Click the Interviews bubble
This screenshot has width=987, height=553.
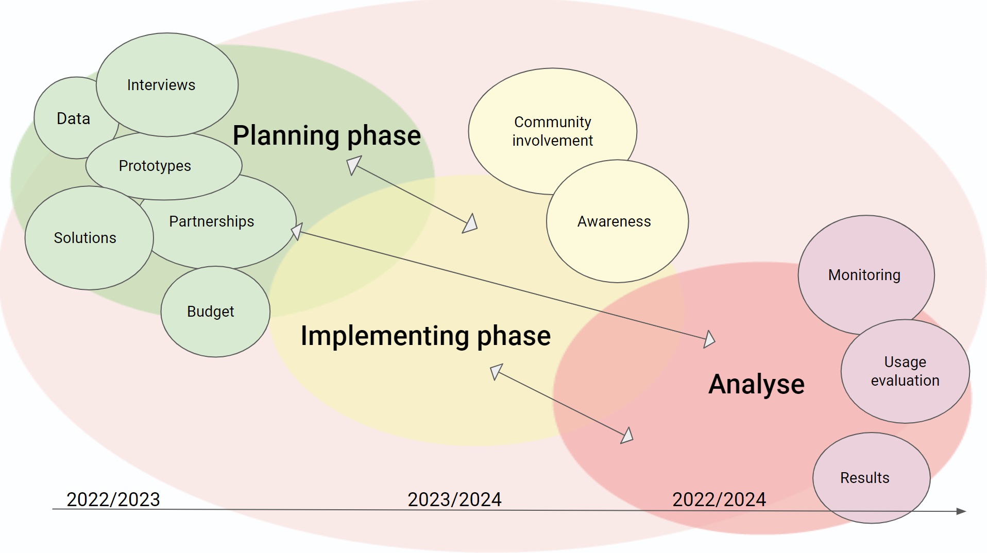click(x=167, y=85)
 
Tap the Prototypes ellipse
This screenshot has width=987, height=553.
click(x=164, y=166)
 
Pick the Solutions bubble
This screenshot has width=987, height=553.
click(x=89, y=238)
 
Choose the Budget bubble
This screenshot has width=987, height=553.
click(x=215, y=312)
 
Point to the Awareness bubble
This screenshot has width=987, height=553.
click(x=617, y=221)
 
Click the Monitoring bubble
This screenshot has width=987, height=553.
click(x=866, y=275)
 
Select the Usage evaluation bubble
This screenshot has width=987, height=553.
click(x=905, y=371)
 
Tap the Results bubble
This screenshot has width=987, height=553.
click(x=872, y=478)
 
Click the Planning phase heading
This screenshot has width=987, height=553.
click(x=327, y=135)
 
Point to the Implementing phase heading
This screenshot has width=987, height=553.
click(x=426, y=336)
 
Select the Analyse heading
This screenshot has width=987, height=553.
click(x=756, y=384)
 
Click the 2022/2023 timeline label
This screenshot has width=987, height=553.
click(x=113, y=499)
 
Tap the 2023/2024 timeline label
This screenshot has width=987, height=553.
click(x=454, y=499)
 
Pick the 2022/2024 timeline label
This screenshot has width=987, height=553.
click(x=719, y=499)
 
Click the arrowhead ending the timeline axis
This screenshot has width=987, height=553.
click(x=961, y=511)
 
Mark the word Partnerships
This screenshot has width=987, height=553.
click(x=212, y=221)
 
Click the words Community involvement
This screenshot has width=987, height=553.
click(x=553, y=131)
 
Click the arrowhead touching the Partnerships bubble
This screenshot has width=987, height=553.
click(x=297, y=231)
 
